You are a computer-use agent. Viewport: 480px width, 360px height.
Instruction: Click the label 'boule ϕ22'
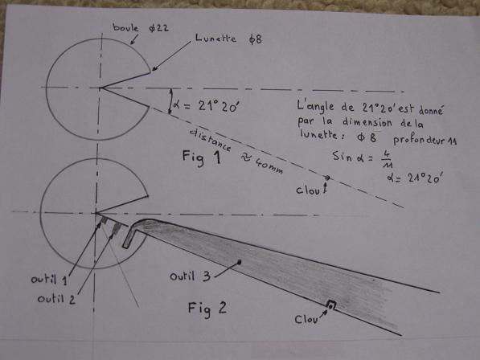141,28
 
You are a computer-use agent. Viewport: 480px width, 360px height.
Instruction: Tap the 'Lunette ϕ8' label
228,39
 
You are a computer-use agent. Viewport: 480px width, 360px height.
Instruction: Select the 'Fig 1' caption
202,157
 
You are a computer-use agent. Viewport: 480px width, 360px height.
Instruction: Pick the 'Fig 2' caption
207,309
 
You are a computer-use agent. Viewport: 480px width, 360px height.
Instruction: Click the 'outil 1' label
49,280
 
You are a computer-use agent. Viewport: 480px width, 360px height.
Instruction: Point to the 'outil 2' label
56,298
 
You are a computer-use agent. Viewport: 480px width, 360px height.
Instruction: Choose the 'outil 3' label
190,276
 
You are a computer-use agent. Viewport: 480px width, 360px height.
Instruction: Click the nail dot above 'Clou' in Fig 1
327,178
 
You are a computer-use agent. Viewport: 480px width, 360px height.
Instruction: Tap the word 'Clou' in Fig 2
306,320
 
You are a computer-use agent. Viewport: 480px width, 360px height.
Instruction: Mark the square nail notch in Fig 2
331,305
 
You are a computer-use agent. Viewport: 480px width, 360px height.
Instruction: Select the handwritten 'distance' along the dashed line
211,140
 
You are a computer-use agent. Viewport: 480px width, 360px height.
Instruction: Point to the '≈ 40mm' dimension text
262,164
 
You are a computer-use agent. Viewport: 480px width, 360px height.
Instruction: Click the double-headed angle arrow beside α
170,101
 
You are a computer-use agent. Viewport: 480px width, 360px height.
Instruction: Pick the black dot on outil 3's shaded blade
240,262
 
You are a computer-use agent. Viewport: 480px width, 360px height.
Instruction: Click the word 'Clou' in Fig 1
308,190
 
